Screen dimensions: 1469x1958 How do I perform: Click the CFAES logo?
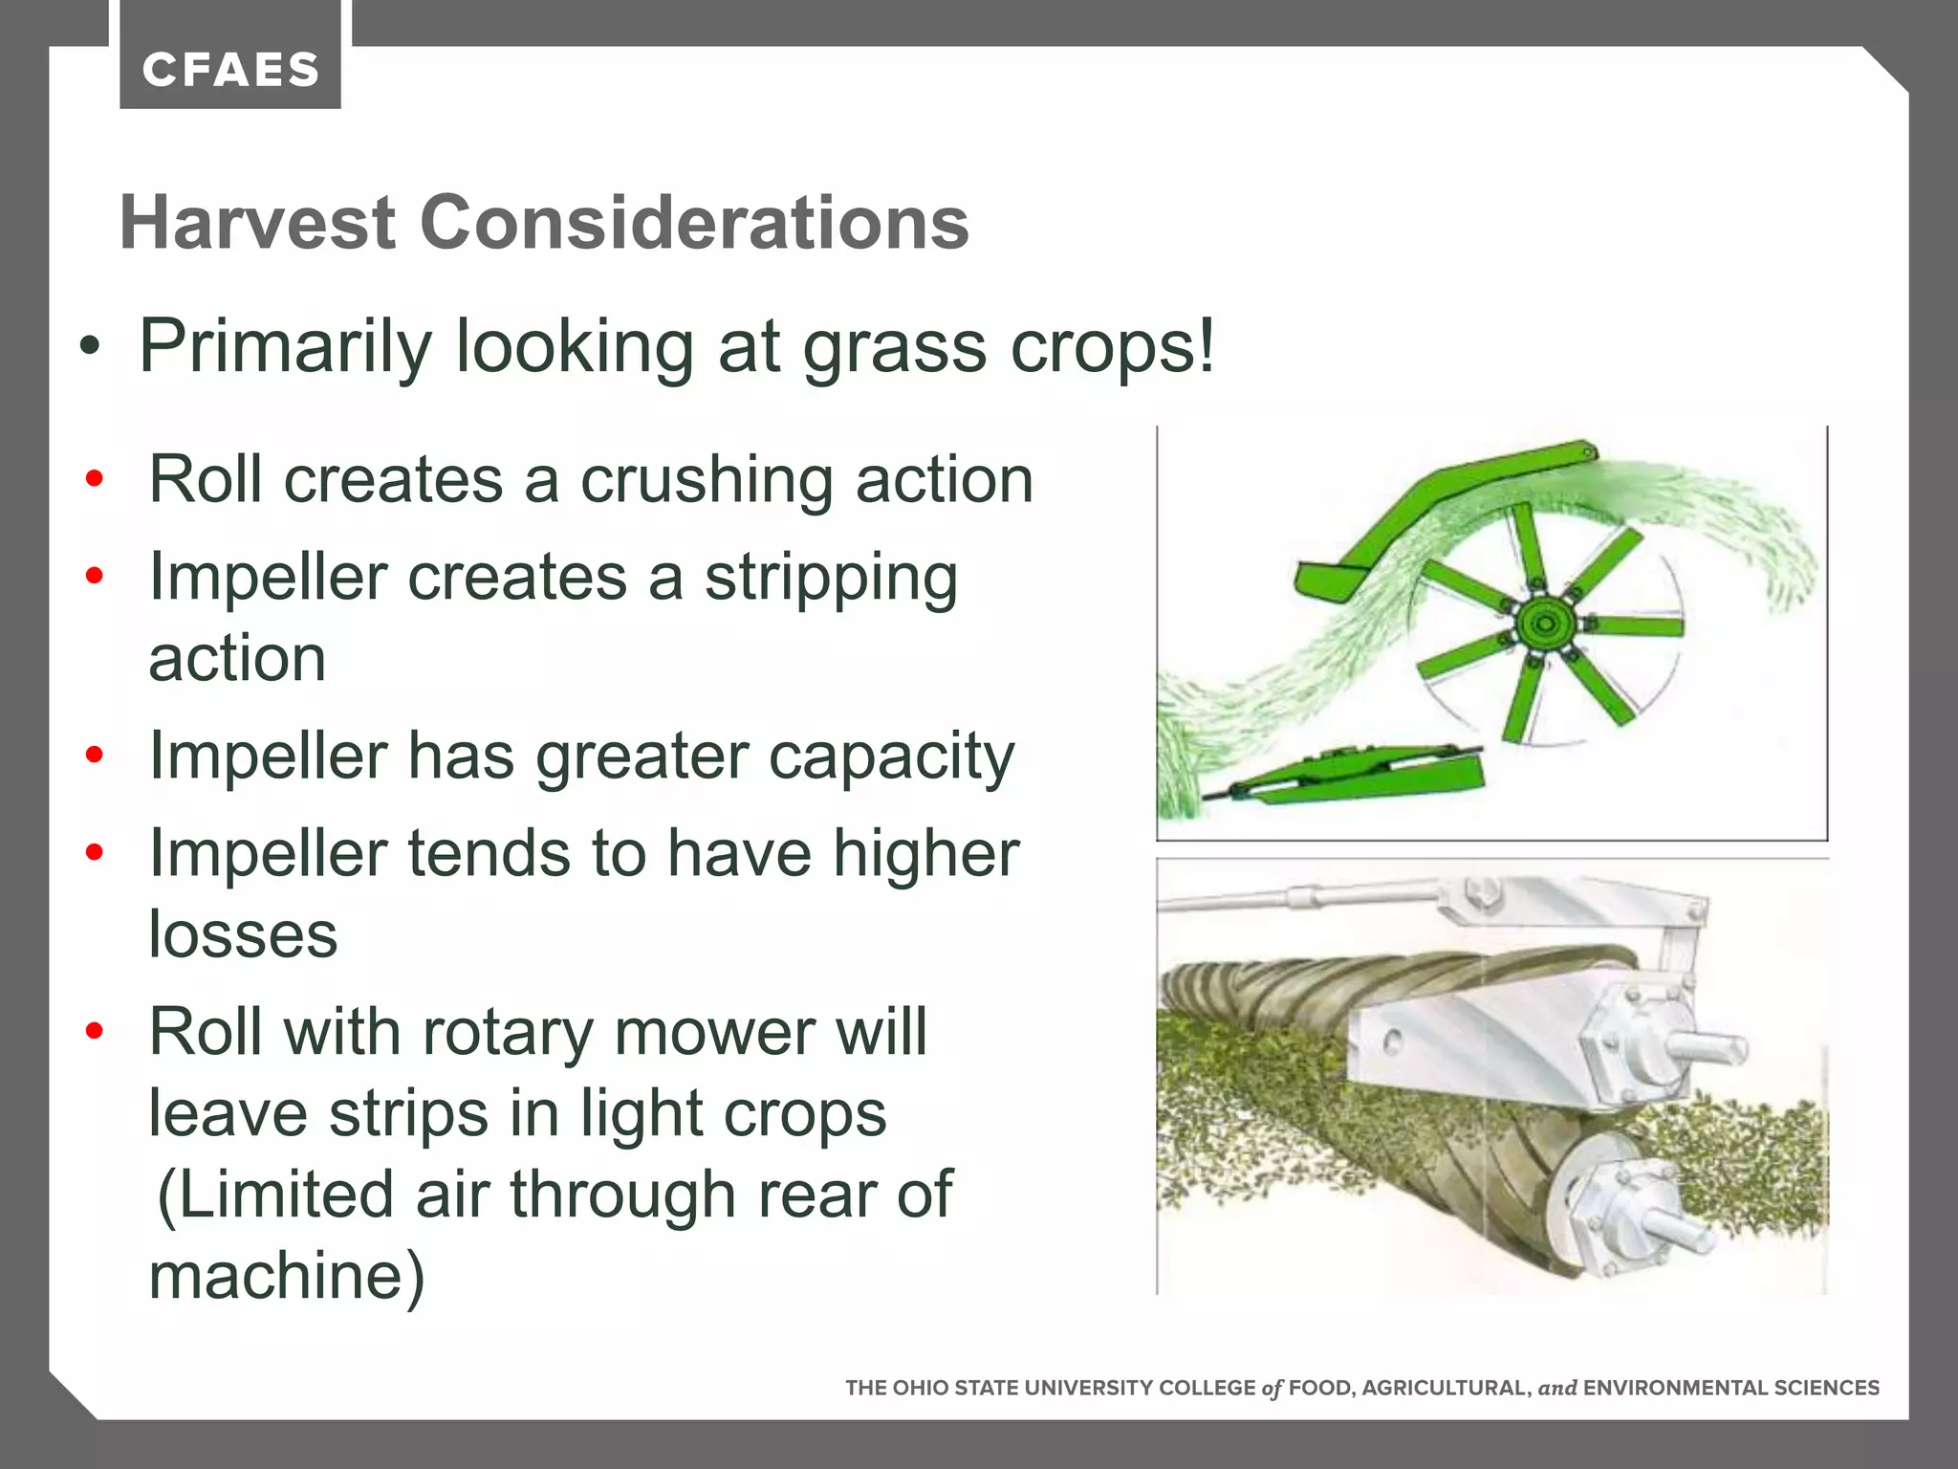[230, 70]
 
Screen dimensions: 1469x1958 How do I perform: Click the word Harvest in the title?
[257, 223]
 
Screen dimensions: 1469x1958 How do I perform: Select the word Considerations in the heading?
[694, 223]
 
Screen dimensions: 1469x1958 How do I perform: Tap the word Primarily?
[285, 346]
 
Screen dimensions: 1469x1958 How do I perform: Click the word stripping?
[831, 580]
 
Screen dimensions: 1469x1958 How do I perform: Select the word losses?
[243, 934]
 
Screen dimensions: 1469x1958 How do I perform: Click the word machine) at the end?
[287, 1276]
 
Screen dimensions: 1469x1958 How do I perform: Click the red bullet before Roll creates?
[94, 478]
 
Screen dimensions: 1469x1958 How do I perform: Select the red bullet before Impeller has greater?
[94, 756]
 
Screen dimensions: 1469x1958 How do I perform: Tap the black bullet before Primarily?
[90, 347]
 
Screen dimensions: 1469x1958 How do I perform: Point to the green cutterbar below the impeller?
[1358, 773]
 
